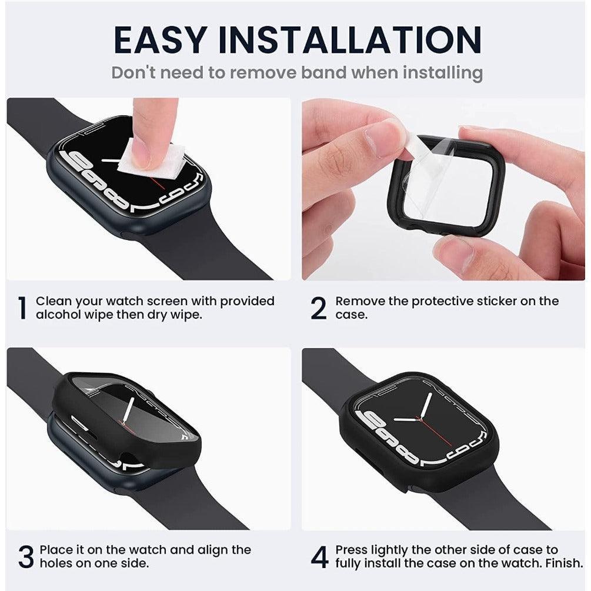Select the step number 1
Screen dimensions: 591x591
[x=22, y=308]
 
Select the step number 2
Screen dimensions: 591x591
[x=318, y=308]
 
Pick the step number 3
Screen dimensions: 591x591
[x=25, y=557]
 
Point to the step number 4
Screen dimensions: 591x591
[x=319, y=557]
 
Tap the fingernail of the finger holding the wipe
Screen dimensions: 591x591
[x=141, y=152]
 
